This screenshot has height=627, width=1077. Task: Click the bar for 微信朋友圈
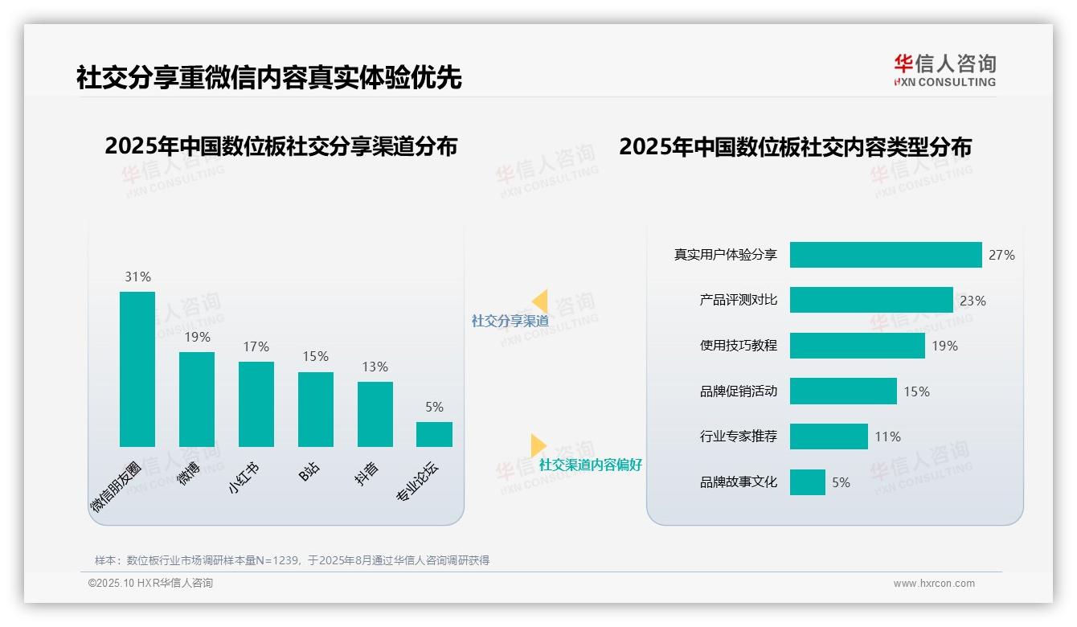137,369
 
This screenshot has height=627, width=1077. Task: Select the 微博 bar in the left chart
197,399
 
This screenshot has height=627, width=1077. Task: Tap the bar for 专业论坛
434,434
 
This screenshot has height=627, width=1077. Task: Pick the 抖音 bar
375,414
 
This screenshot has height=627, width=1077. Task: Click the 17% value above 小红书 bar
256,347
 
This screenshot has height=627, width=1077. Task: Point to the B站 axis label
309,472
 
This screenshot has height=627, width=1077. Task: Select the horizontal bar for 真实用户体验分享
886,255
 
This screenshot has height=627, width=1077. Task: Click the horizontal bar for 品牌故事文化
807,482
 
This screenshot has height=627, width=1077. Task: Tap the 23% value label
973,301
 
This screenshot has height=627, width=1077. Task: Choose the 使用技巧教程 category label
739,346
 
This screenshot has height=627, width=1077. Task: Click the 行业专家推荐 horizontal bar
829,436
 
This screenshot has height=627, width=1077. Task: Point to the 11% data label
887,436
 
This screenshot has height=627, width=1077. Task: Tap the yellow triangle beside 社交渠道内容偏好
538,445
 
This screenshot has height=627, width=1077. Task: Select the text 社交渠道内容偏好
591,465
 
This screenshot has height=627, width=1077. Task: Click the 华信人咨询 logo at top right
944,70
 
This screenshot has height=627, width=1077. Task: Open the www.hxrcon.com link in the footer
934,584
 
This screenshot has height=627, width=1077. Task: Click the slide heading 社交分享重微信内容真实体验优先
269,77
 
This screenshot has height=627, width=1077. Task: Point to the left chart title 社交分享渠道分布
281,146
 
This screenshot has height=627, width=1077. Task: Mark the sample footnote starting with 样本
292,560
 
